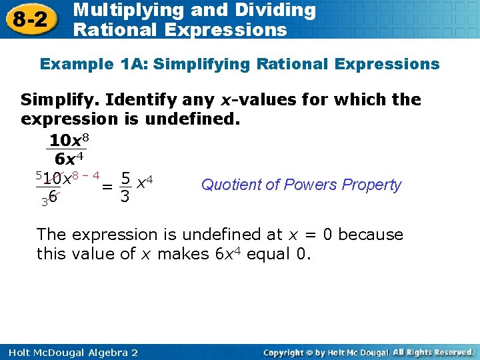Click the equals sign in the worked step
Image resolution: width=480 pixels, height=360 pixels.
(x=107, y=187)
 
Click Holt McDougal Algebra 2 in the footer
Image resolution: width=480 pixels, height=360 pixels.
(x=69, y=352)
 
